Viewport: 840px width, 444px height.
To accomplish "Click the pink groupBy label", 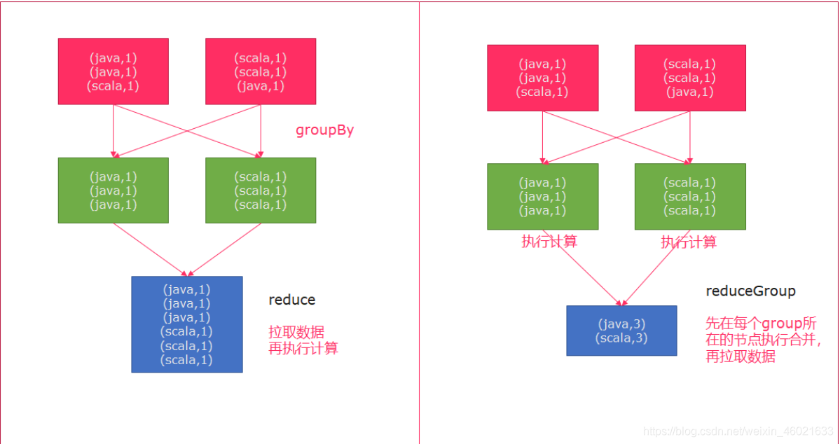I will coord(324,130).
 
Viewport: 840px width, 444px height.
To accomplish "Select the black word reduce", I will coord(292,300).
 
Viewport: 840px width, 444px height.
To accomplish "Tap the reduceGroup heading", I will coord(750,291).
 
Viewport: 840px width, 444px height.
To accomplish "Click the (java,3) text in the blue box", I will coord(621,324).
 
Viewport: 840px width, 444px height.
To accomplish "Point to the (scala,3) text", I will coord(621,338).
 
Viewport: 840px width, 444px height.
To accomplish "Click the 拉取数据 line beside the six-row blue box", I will coord(296,332).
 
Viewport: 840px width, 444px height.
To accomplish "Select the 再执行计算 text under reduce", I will coord(303,348).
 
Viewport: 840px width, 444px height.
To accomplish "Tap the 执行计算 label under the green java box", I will coord(549,242).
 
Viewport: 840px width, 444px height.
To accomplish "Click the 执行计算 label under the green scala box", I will coord(689,242).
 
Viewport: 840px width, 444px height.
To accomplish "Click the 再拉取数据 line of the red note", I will coord(741,356).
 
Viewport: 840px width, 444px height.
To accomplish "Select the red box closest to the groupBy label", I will coord(261,71).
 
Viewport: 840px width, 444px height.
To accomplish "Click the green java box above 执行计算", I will coord(543,196).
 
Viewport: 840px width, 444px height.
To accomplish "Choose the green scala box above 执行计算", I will coord(690,196).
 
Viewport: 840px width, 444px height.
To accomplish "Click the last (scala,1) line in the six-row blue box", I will coord(186,360).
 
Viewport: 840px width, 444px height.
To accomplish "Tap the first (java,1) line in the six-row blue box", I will coord(186,289).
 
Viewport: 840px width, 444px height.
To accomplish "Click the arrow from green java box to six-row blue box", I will coord(150,249).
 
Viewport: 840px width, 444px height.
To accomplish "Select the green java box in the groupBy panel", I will coord(113,190).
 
